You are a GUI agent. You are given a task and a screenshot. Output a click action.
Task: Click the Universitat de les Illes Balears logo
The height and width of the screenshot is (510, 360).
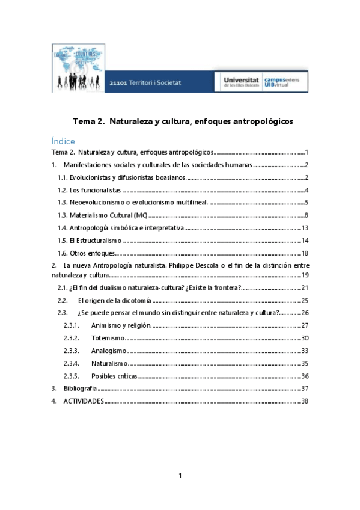point(241,82)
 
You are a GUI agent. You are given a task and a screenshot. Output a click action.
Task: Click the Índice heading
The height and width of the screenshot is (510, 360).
point(63,141)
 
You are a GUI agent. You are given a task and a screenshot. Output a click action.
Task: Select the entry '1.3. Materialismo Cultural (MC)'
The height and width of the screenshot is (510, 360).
point(103,215)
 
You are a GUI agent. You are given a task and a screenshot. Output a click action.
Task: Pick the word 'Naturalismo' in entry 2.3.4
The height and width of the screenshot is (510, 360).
point(110,363)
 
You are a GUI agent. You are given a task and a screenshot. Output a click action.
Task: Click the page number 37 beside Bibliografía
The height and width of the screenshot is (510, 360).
point(305,389)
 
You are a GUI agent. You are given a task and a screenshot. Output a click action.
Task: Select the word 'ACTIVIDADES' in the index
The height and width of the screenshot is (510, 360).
point(84,401)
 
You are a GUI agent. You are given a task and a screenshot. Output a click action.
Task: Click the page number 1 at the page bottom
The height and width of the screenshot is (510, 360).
point(180,476)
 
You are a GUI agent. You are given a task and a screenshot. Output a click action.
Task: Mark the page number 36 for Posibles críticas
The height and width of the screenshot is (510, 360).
point(305,376)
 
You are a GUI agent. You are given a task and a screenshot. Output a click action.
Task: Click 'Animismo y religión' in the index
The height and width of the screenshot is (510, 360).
point(120,325)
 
